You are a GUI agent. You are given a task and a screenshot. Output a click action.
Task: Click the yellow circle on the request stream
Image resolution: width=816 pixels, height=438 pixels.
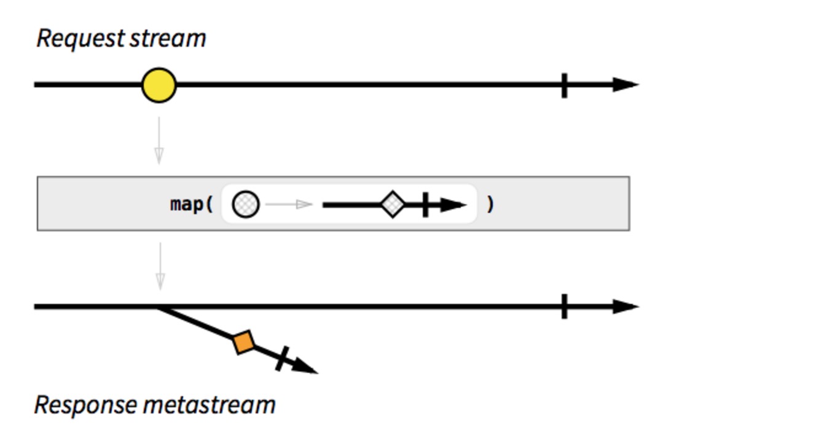pos(159,86)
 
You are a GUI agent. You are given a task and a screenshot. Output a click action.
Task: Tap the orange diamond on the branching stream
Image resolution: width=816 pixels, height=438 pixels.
pos(244,343)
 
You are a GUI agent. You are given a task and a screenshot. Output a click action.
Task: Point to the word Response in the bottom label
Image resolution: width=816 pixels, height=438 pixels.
pos(85,405)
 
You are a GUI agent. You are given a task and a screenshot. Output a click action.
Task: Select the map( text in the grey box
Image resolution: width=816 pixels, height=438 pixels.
pos(191,204)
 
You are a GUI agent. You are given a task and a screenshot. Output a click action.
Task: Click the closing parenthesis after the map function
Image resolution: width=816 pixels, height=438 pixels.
pos(490,204)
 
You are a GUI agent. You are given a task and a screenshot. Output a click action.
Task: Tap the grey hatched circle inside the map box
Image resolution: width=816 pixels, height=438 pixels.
pos(246,204)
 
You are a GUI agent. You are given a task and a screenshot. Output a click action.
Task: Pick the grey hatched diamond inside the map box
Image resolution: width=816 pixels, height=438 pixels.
pos(393,204)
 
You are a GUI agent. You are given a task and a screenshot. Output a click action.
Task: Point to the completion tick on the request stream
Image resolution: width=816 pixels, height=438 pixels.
pos(564,85)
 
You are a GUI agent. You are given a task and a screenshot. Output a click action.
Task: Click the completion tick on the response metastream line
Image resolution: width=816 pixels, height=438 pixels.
pos(564,306)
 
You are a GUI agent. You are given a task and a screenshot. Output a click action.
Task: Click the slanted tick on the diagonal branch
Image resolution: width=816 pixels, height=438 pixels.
pos(282,358)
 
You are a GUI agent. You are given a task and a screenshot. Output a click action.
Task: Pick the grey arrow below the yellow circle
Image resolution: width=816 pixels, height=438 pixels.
pos(159,141)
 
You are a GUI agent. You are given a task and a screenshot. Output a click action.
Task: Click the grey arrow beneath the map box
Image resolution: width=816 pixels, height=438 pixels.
pos(160,266)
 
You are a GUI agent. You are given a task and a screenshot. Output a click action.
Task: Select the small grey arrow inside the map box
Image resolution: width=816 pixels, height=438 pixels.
pos(289,204)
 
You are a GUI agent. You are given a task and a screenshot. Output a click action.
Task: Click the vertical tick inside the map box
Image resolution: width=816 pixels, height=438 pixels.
pos(425,204)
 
